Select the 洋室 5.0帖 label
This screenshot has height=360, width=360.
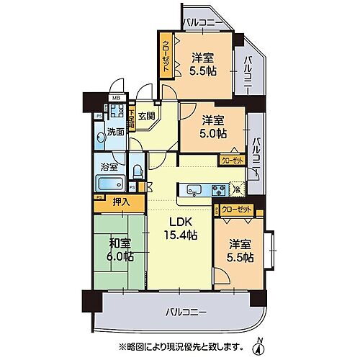(213, 127)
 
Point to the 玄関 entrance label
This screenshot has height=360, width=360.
(147, 115)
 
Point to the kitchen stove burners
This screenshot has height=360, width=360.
(217, 191)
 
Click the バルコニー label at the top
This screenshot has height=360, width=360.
(204, 21)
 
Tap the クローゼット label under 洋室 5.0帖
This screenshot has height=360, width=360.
(232, 161)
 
